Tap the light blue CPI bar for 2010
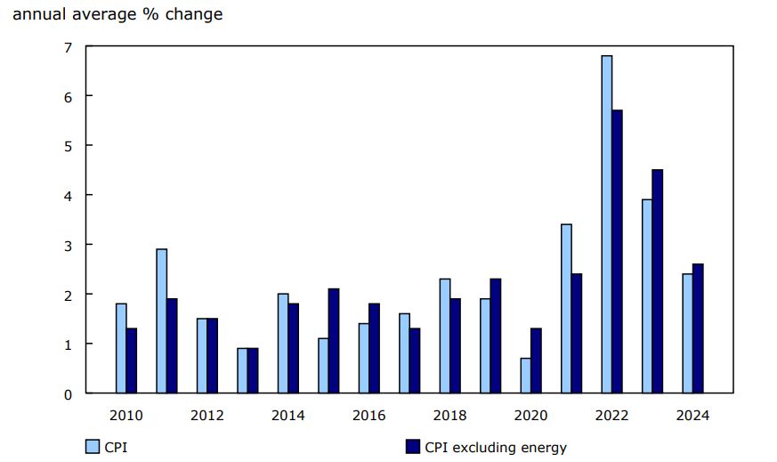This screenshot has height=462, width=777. [121, 348]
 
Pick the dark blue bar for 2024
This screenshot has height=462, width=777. [698, 328]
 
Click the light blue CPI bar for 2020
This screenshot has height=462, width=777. [526, 376]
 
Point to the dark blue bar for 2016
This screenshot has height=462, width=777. [374, 348]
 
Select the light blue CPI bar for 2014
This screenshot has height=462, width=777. [283, 344]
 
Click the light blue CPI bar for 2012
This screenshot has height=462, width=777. [202, 356]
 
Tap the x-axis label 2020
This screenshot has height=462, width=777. [530, 416]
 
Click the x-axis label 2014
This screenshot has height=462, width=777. [287, 416]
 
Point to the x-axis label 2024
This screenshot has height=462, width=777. [692, 416]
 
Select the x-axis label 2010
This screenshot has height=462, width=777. [125, 416]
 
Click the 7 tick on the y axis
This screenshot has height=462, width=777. [66, 46]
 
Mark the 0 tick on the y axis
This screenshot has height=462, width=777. [66, 393]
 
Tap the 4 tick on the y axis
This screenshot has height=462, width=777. [66, 195]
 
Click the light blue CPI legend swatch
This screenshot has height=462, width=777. [92, 447]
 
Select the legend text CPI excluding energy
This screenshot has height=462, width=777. [495, 447]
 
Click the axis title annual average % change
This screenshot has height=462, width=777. [117, 14]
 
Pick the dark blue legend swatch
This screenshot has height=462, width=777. [412, 447]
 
